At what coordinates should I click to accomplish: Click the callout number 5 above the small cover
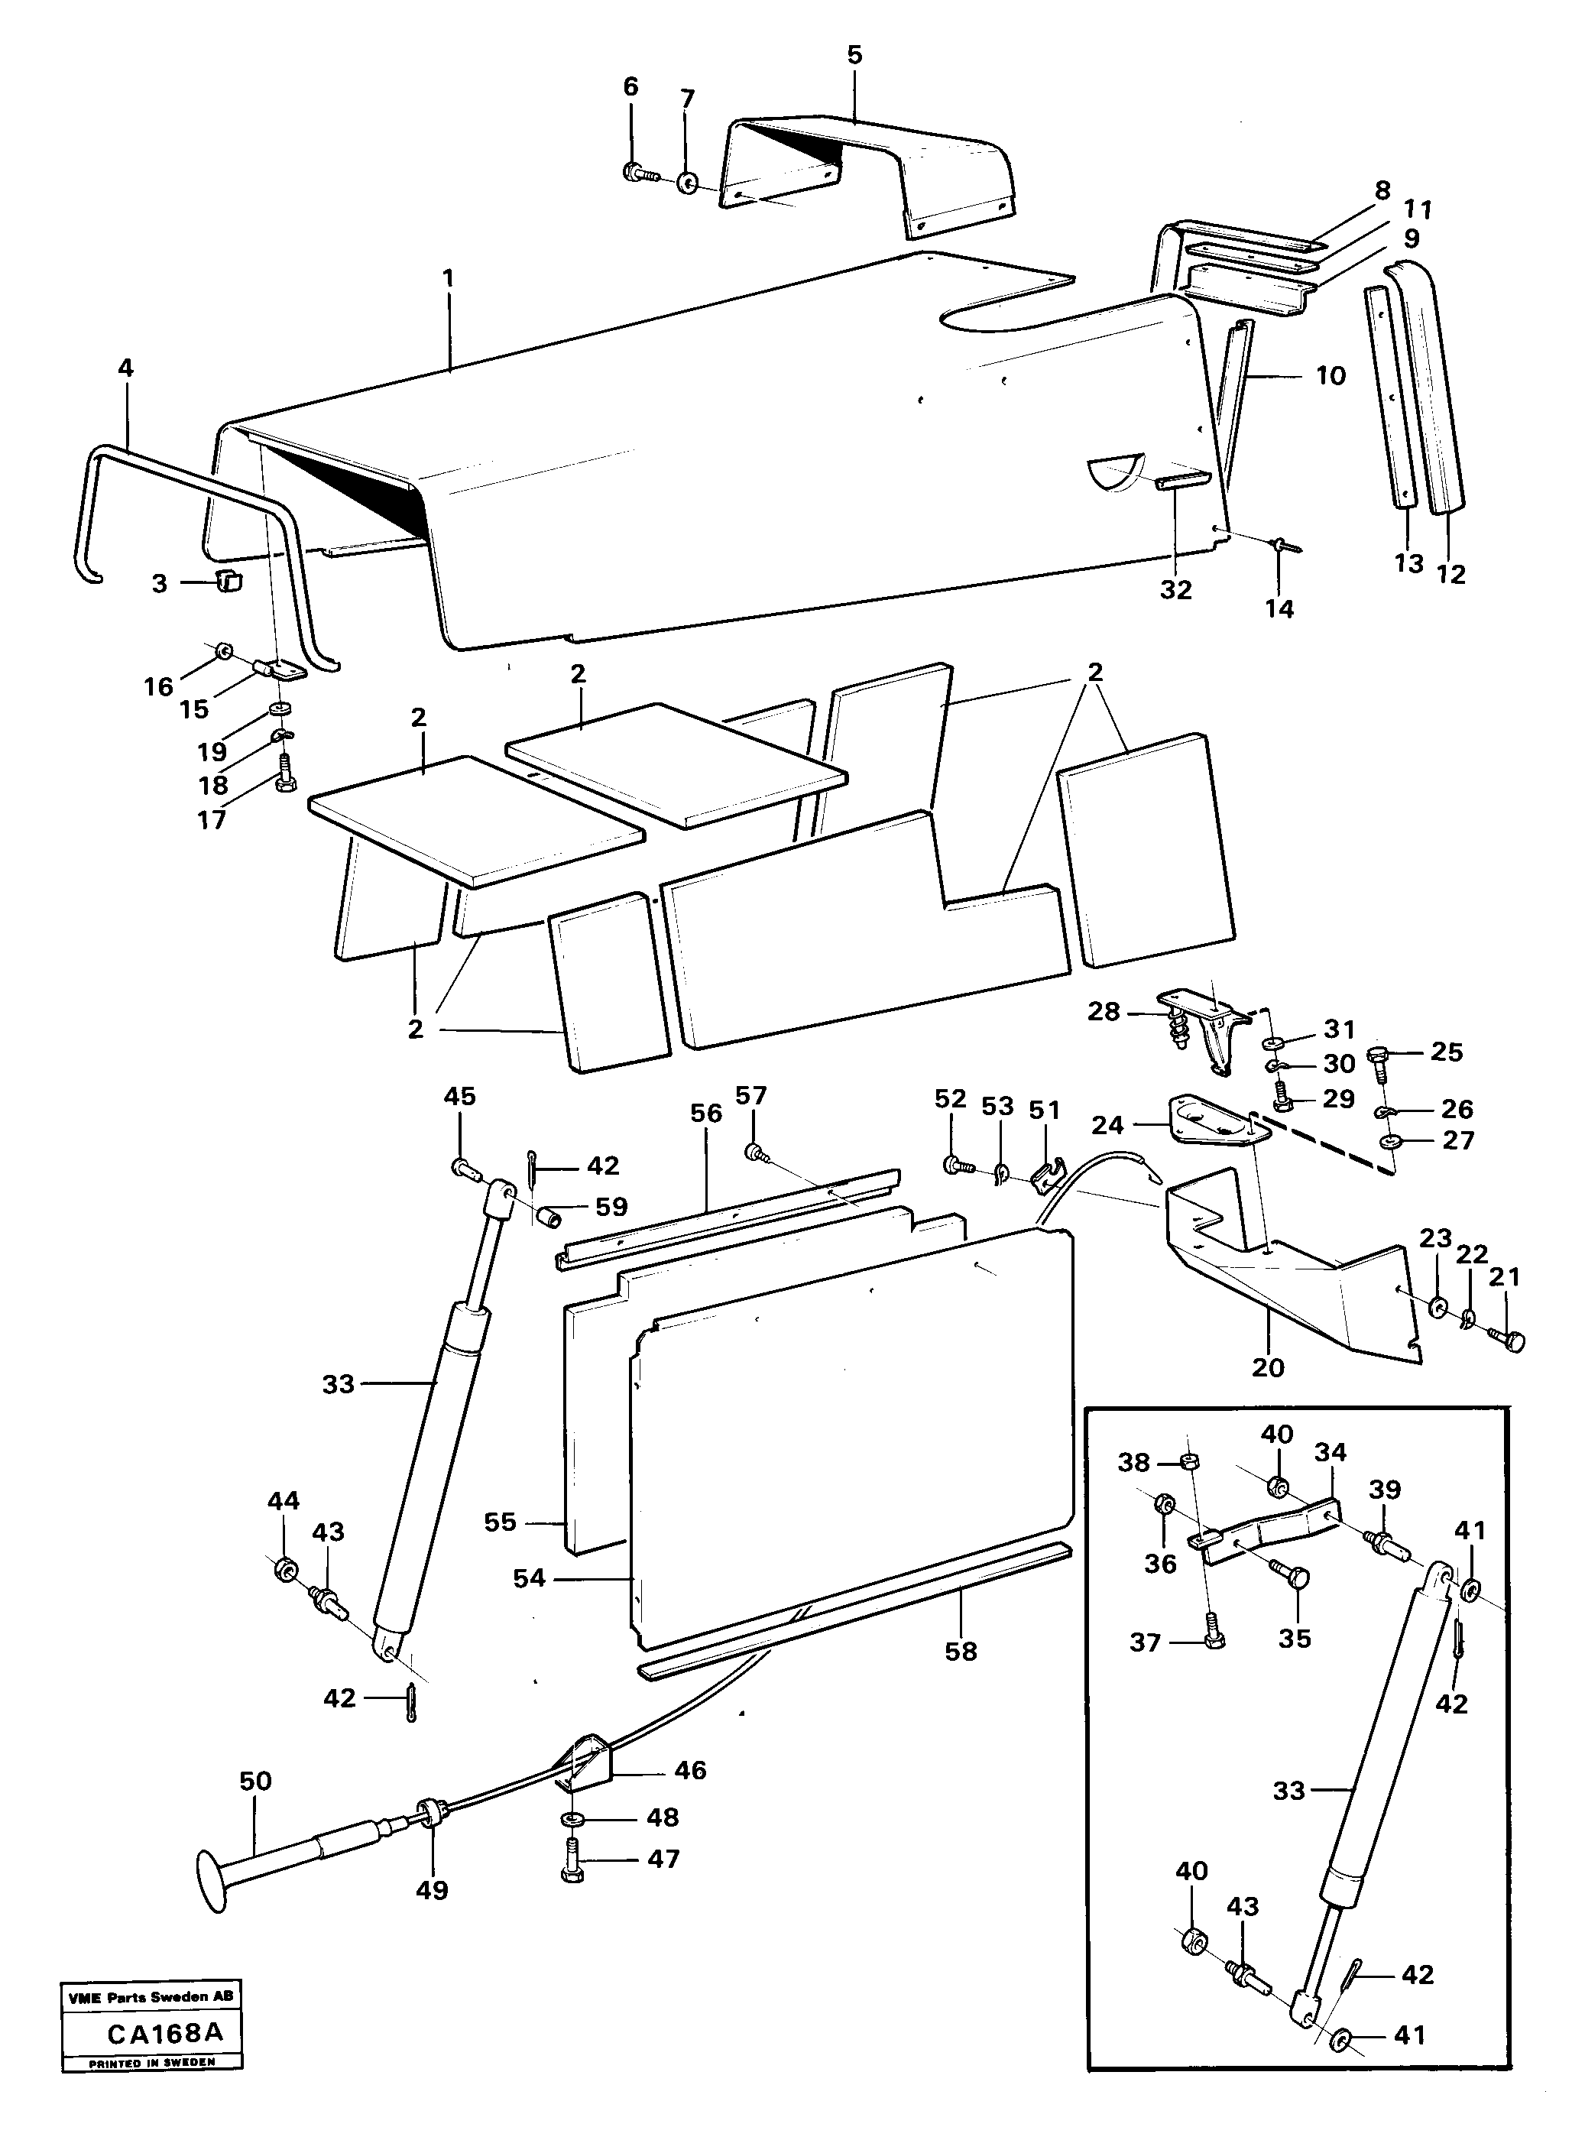(854, 55)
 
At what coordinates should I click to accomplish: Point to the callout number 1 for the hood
(447, 279)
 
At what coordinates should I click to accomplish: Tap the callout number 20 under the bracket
(1268, 1367)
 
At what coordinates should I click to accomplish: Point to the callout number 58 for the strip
(960, 1652)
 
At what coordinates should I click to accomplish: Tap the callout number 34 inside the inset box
(1331, 1452)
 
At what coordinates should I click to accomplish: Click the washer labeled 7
(688, 181)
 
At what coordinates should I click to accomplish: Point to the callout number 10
(1331, 376)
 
